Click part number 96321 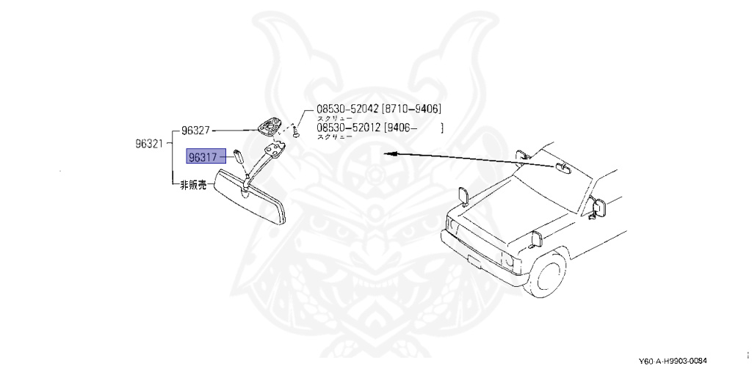tap(148, 145)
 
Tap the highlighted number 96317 tap(203, 156)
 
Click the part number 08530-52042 tap(347, 109)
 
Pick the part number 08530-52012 tap(347, 128)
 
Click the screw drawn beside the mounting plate tap(295, 131)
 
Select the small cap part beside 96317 tap(239, 155)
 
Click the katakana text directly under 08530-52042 tap(334, 118)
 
